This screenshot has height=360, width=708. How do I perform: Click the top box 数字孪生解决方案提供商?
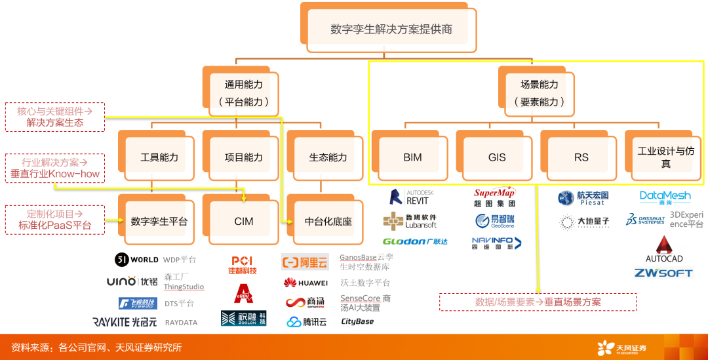391,30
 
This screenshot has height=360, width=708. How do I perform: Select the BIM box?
412,157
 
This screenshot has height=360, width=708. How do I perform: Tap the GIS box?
497,157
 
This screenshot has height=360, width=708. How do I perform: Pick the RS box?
581,157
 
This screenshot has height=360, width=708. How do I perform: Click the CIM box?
243,221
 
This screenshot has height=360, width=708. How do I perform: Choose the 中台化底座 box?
328,221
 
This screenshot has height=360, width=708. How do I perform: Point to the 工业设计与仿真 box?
665,157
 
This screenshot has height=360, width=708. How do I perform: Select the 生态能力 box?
328,157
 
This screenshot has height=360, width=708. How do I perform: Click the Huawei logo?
305,283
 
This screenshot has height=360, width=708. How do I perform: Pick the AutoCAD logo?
664,250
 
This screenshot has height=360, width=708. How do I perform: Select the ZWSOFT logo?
663,273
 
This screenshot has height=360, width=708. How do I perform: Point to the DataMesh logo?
665,197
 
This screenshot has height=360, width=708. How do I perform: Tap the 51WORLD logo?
136,260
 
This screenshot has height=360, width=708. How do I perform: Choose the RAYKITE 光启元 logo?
125,322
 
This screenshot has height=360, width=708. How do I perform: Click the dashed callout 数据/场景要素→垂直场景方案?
538,302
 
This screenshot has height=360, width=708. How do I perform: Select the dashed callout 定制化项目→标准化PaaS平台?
55,220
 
